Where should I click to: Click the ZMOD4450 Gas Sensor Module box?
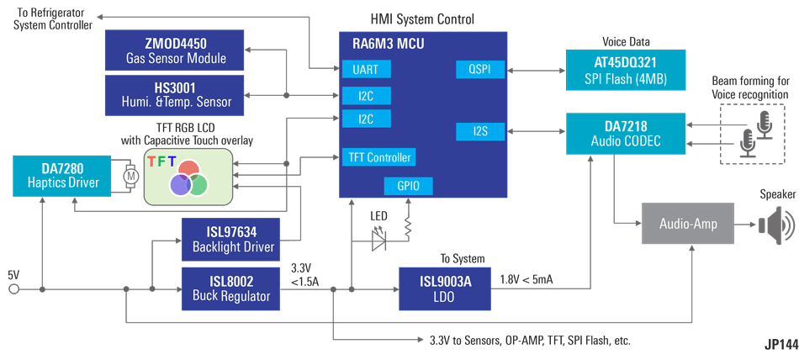174,50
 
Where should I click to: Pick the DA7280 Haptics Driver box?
62,175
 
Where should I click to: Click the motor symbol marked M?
130,177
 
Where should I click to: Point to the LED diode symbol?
379,241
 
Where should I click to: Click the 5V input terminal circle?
13,289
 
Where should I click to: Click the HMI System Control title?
422,19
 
